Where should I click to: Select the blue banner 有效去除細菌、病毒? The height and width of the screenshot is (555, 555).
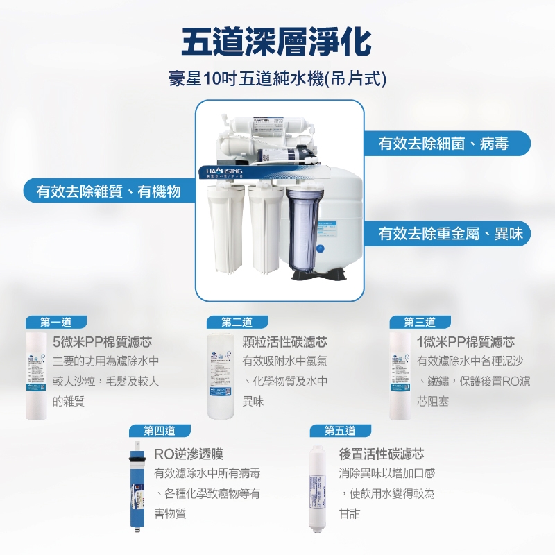click(444, 144)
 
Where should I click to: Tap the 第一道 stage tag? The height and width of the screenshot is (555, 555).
click(56, 322)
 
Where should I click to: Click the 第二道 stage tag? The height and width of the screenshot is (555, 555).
click(237, 322)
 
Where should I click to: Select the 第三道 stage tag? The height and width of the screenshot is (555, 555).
click(420, 322)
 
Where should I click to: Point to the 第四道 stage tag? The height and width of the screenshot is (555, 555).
click(159, 430)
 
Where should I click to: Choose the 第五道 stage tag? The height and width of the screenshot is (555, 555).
click(340, 430)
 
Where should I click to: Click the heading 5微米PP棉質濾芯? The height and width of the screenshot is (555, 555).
click(102, 342)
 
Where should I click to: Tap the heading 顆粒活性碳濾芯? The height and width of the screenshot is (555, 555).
click(285, 342)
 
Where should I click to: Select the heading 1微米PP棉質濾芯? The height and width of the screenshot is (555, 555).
click(466, 342)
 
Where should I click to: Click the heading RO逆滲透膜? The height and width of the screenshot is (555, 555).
click(188, 454)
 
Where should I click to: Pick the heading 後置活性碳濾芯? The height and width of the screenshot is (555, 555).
click(382, 454)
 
